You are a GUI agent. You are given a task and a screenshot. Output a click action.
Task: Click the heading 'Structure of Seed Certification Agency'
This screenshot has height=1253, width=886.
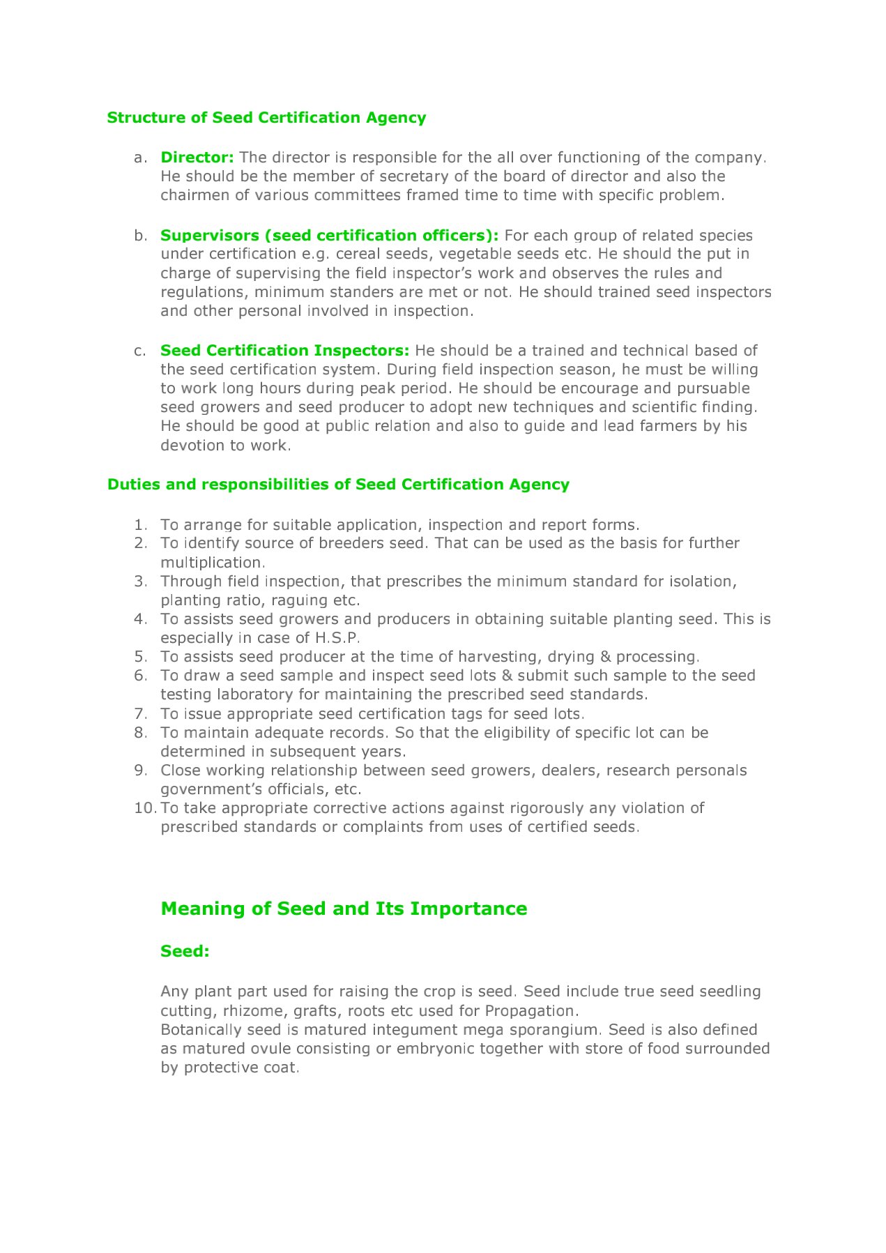(266, 118)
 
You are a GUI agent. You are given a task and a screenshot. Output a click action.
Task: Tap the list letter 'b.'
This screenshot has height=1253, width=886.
(141, 236)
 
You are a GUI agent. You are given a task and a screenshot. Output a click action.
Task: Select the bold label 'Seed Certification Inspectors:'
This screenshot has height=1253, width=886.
(284, 351)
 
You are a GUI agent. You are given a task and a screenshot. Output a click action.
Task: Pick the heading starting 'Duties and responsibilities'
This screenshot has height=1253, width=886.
(338, 485)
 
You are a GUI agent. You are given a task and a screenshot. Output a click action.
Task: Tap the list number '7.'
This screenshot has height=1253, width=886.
(141, 714)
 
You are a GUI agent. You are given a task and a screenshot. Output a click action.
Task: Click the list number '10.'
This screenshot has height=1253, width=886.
(145, 808)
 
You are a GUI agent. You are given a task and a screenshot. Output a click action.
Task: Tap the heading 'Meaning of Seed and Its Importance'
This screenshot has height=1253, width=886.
(344, 909)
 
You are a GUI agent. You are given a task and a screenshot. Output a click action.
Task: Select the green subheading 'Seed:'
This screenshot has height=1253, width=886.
(185, 952)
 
